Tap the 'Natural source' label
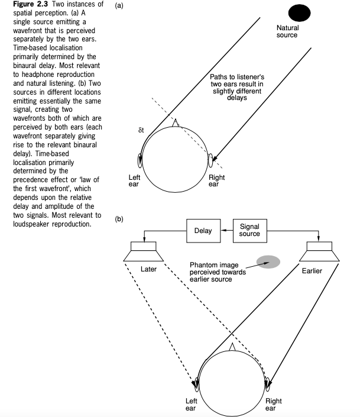(287, 31)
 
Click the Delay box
(203, 230)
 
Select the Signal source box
(249, 230)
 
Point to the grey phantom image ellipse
(267, 262)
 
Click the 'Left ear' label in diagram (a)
(134, 180)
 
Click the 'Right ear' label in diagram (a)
(217, 180)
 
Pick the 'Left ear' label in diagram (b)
(191, 404)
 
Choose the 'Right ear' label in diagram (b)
(274, 404)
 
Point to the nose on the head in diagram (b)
(232, 346)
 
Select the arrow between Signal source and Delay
(227, 230)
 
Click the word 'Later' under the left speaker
(148, 269)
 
